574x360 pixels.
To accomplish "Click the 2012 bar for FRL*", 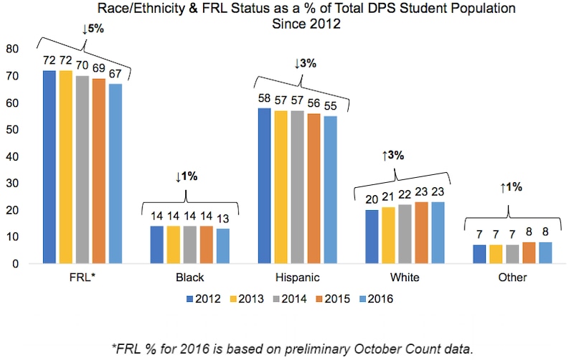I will (x=49, y=166).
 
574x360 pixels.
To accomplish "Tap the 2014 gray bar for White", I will (x=405, y=234).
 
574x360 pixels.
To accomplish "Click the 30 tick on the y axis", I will (x=11, y=184).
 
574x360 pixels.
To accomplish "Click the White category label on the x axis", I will (x=405, y=278).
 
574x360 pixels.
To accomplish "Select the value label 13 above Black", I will (x=222, y=219).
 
